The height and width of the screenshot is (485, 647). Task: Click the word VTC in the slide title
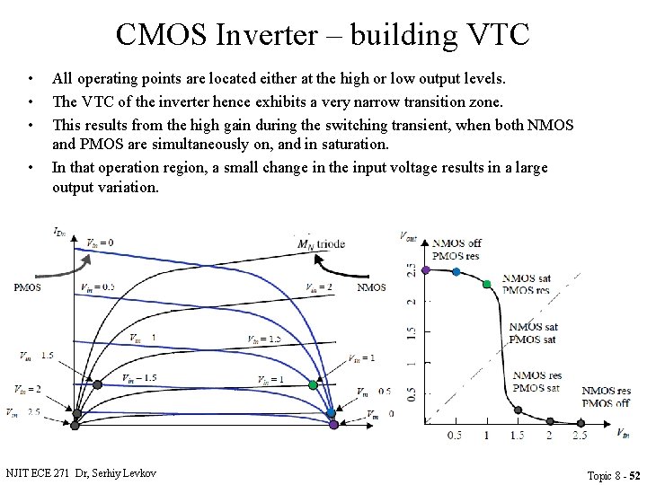(x=494, y=35)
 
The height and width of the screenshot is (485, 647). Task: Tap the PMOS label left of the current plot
(x=27, y=287)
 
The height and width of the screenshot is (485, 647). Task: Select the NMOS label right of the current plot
(x=371, y=287)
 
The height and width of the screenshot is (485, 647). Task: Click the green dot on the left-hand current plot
(x=313, y=384)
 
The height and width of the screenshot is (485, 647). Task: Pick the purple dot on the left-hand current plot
(x=333, y=424)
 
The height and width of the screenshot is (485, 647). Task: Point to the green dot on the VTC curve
(x=487, y=284)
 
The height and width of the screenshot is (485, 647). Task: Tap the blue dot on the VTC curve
(x=456, y=271)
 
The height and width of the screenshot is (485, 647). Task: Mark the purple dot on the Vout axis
(x=425, y=269)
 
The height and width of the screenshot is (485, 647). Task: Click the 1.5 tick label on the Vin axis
(x=517, y=436)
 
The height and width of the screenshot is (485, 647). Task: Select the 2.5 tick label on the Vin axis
(x=580, y=436)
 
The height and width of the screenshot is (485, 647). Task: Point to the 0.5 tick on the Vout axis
(x=411, y=393)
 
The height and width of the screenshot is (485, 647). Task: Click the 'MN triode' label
(x=321, y=244)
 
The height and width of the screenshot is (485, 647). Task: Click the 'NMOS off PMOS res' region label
(x=456, y=250)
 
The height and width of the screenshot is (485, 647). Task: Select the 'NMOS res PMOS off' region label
(x=606, y=396)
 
